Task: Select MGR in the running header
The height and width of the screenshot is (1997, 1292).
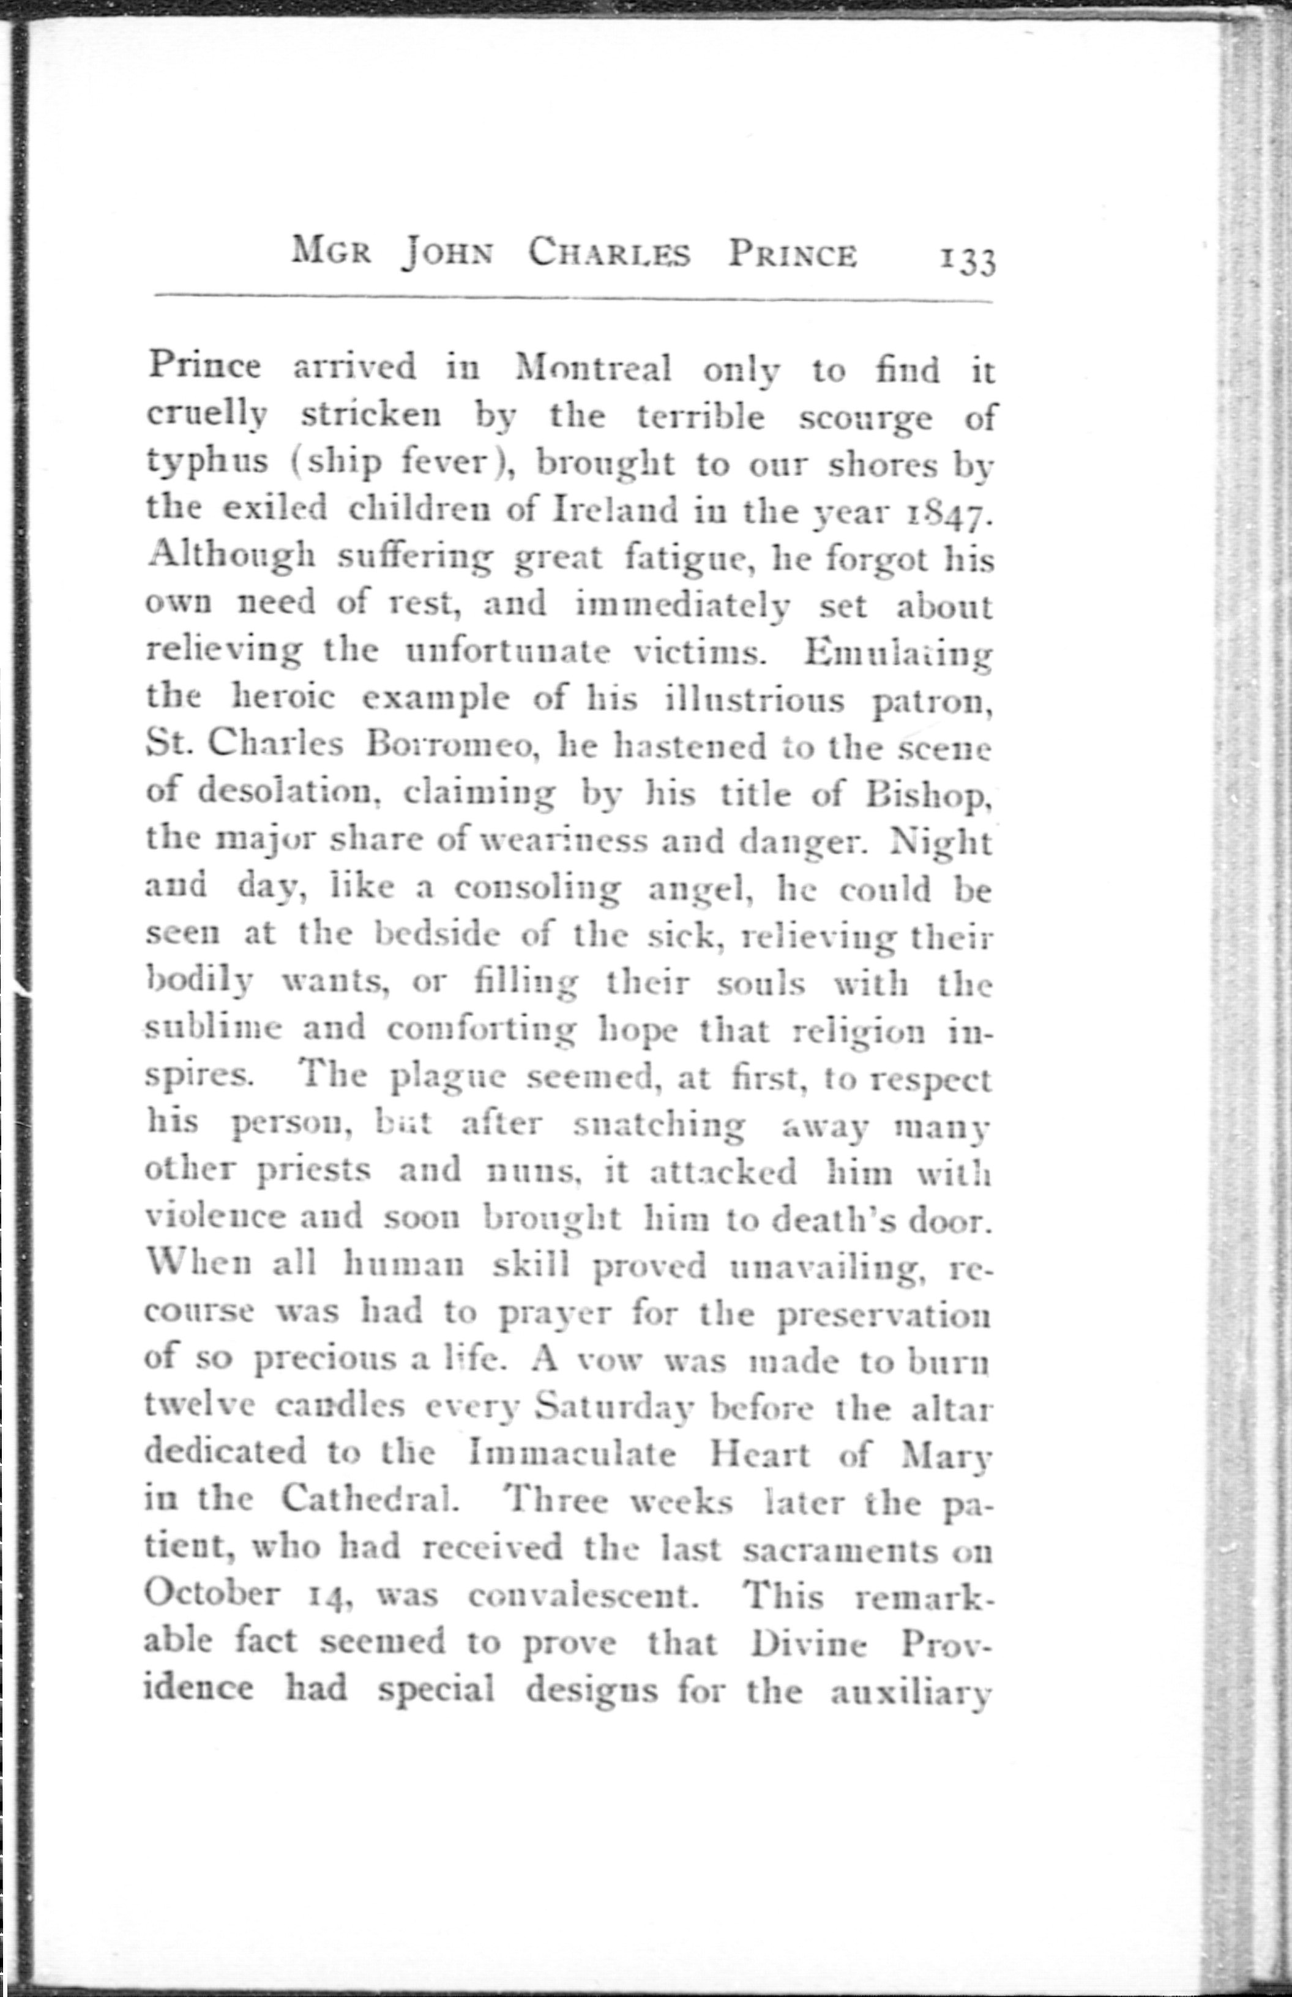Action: point(331,251)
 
